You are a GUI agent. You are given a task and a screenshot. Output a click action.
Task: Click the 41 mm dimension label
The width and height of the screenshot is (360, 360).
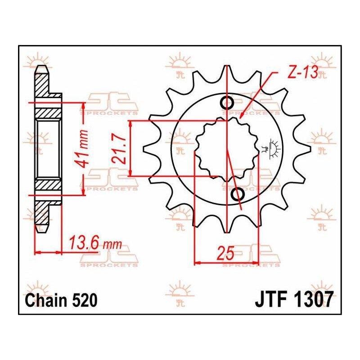[x=82, y=148]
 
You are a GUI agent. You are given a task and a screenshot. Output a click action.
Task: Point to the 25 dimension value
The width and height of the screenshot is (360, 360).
[x=226, y=253]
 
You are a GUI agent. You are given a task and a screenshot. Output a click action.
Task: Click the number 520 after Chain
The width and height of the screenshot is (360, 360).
[x=85, y=301]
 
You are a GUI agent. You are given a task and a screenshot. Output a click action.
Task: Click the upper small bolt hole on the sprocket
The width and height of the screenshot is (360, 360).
[x=227, y=102]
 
